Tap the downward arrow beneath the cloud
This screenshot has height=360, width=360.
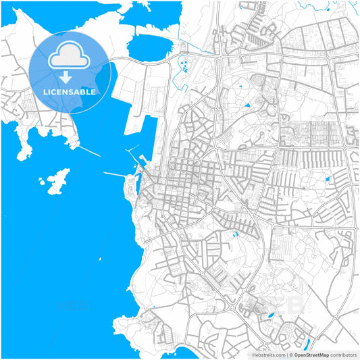66,78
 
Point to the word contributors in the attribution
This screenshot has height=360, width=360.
342,354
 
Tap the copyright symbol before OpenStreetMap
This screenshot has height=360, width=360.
291,354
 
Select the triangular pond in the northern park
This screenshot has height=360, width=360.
247,105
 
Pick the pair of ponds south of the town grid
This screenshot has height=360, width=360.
235,234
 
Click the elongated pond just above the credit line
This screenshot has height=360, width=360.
310,340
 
